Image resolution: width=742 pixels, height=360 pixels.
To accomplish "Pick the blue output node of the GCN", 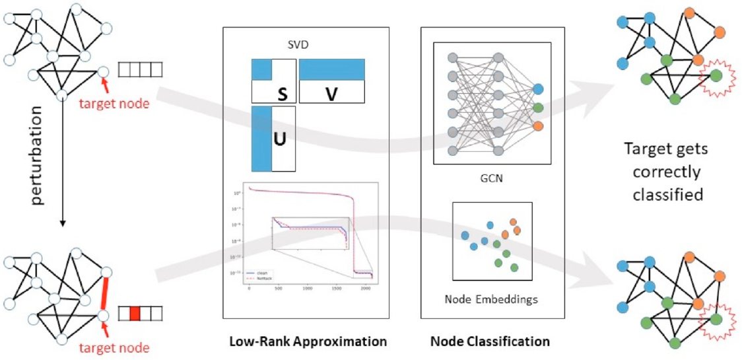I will [537, 89].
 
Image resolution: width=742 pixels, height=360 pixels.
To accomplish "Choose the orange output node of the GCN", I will [537, 126].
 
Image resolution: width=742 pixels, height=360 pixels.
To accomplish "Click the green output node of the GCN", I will [537, 108].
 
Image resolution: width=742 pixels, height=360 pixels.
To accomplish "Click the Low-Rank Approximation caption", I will [307, 342].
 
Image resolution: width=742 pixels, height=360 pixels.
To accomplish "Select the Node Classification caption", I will [490, 342].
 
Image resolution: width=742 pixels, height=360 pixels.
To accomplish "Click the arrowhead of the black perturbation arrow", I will [61, 224].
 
